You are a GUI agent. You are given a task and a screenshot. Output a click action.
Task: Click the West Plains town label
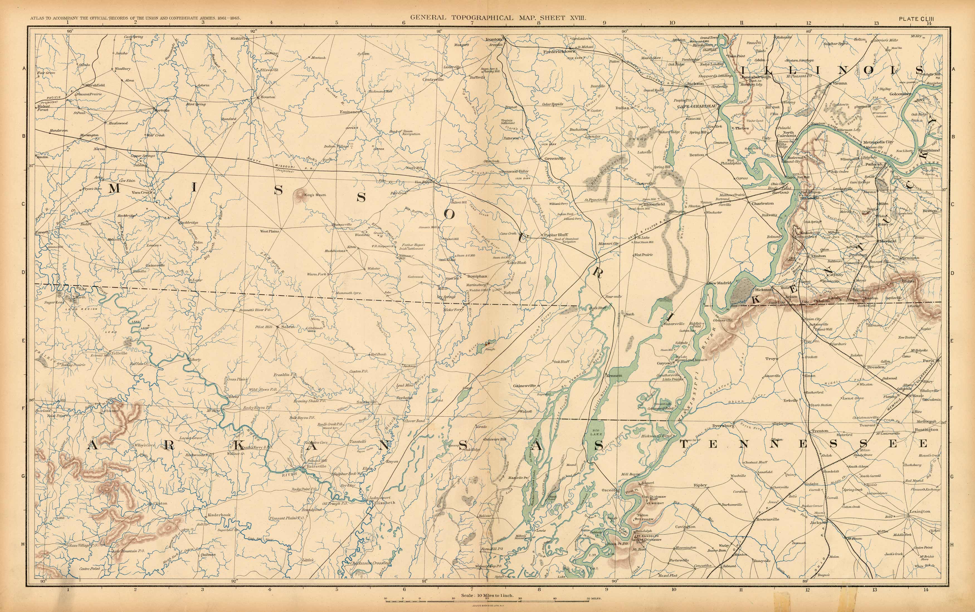270,232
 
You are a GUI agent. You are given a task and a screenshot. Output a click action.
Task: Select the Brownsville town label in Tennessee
767,519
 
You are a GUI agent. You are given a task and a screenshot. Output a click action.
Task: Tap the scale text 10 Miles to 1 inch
487,595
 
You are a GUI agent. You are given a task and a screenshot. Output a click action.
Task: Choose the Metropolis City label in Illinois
878,142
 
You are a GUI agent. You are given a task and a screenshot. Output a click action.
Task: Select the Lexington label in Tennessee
920,511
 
